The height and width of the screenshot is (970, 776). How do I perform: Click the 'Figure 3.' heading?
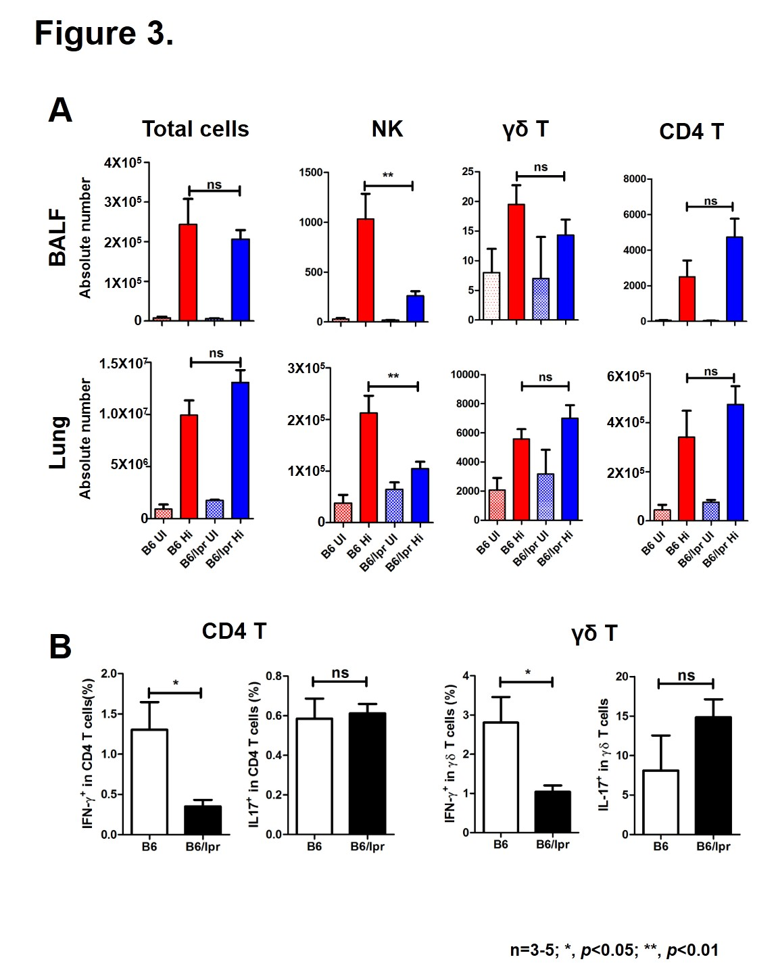pyautogui.click(x=104, y=32)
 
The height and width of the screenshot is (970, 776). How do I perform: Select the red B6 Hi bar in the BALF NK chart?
pyautogui.click(x=366, y=270)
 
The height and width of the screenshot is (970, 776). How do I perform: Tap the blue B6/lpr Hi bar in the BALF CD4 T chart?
pyautogui.click(x=734, y=278)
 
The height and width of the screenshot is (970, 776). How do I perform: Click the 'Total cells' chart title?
pyautogui.click(x=195, y=129)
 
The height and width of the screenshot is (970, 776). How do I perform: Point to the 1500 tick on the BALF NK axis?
pyautogui.click(x=311, y=172)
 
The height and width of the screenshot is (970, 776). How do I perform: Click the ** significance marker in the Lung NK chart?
pyautogui.click(x=393, y=377)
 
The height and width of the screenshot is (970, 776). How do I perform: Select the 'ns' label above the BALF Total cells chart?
pyautogui.click(x=214, y=185)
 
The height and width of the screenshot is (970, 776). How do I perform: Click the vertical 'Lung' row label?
pyautogui.click(x=58, y=443)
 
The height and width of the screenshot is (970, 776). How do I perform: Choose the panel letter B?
pyautogui.click(x=60, y=647)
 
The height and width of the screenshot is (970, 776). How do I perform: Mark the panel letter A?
pyautogui.click(x=60, y=110)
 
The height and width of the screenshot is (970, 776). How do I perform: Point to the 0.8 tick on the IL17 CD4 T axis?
pyautogui.click(x=273, y=676)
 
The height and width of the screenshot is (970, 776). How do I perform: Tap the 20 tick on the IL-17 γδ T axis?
pyautogui.click(x=622, y=677)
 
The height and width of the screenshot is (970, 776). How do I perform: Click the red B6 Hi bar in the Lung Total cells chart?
pyautogui.click(x=189, y=466)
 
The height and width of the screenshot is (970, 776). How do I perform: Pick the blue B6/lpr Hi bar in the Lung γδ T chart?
pyautogui.click(x=570, y=469)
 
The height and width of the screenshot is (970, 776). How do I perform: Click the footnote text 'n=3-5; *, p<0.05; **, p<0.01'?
pyautogui.click(x=614, y=950)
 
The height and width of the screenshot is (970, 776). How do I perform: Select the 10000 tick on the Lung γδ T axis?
pyautogui.click(x=465, y=374)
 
